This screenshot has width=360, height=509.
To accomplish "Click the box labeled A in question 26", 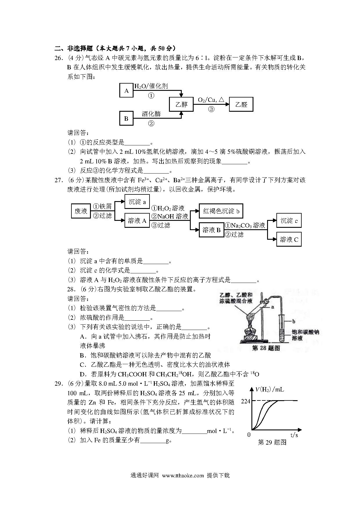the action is point(126,90).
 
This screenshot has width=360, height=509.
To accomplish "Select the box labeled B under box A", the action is point(126,118).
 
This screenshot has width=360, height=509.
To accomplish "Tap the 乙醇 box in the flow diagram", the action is point(182,104).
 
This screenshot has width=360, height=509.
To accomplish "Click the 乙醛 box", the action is point(241,104).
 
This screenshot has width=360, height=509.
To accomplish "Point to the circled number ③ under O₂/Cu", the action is point(211,109).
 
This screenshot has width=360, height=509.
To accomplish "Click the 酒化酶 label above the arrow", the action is point(151,114).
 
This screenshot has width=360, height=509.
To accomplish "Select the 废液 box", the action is point(81,211).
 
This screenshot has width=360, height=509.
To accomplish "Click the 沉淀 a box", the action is point(137,202).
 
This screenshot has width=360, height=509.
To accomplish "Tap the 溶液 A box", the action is point(137,221).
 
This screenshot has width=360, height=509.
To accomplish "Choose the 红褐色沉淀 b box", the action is point(221,211).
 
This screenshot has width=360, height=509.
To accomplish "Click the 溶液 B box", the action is point(212,230).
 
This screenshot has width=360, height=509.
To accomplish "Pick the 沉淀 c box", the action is point(289,221).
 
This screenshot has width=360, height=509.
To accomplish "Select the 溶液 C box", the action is point(289,239).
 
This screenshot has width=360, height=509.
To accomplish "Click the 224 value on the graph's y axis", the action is point(246,401).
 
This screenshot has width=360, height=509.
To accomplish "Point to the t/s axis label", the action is point(294,435).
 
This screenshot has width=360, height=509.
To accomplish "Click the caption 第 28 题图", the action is point(266,348).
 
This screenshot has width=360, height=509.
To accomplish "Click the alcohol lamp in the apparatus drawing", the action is point(249,333).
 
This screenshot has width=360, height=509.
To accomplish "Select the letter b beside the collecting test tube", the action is point(294,321).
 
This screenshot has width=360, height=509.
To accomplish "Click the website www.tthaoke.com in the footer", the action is point(183,475).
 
